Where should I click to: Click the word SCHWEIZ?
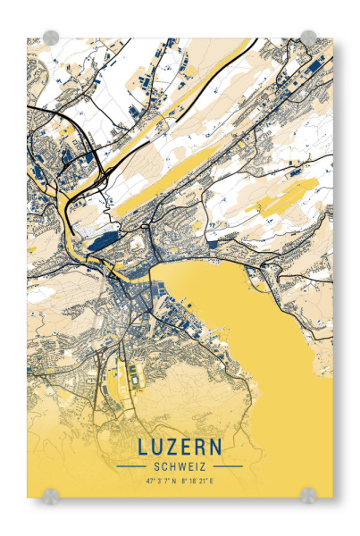pos(180,465)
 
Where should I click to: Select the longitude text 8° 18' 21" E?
pos(198,481)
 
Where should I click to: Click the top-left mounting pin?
pos(51,38)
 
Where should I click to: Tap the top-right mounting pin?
pos(308,38)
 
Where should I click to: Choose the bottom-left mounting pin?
pos(51,494)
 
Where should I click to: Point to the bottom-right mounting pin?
pos(308,494)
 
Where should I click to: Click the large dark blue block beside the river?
pos(101,239)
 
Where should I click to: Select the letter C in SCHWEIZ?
pos(163,465)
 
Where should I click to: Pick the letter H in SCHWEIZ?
pos(172,465)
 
